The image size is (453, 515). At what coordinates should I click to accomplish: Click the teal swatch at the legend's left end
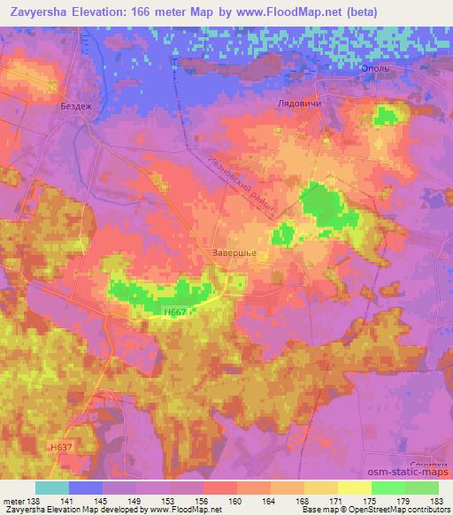click(52, 488)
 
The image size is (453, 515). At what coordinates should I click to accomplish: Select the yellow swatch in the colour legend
click(354, 488)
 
